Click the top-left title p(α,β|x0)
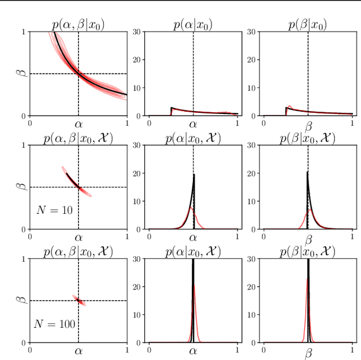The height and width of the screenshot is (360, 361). pos(78,24)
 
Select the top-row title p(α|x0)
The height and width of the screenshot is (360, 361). pos(193,24)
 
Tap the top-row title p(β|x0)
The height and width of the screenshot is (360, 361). pos(308,24)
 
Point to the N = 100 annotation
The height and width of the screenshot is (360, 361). pos(55,324)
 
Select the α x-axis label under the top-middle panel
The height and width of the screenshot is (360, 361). pos(193,124)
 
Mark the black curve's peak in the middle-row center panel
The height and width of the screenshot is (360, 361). pos(193,174)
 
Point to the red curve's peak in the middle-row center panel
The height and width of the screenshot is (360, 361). pos(191,208)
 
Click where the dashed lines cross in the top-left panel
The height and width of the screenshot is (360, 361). pos(78,73)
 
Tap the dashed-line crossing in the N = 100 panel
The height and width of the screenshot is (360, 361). pos(78,300)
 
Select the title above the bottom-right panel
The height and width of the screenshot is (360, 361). pos(308,252)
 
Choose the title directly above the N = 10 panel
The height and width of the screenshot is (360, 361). pos(78,138)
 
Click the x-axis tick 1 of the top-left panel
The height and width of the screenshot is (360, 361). pos(126,122)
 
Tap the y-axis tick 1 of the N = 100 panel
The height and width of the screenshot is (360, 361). pos(23,258)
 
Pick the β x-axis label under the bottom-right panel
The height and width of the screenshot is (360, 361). pos(308,353)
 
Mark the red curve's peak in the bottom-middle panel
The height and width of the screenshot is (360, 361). pos(195,286)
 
